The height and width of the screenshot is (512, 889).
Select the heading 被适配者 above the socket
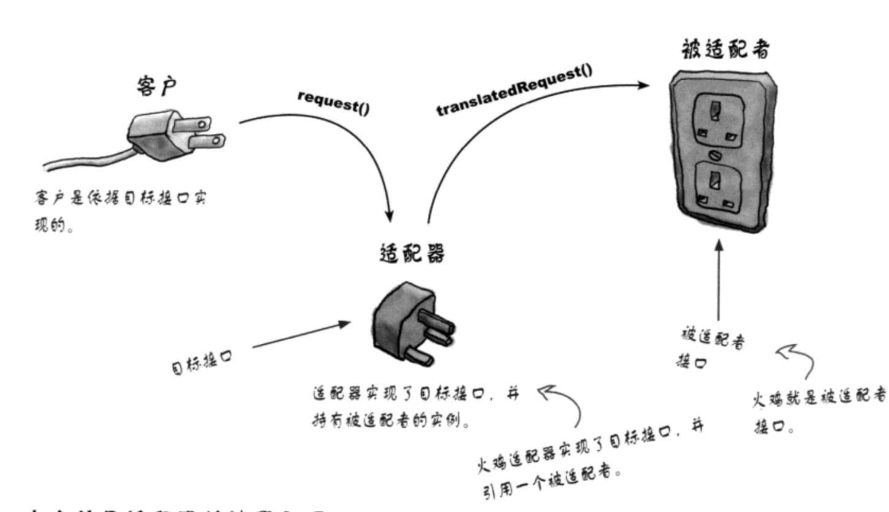pos(725,50)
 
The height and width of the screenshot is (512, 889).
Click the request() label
pos(334,101)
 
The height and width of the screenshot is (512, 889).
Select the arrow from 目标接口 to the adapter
pos(300,335)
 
